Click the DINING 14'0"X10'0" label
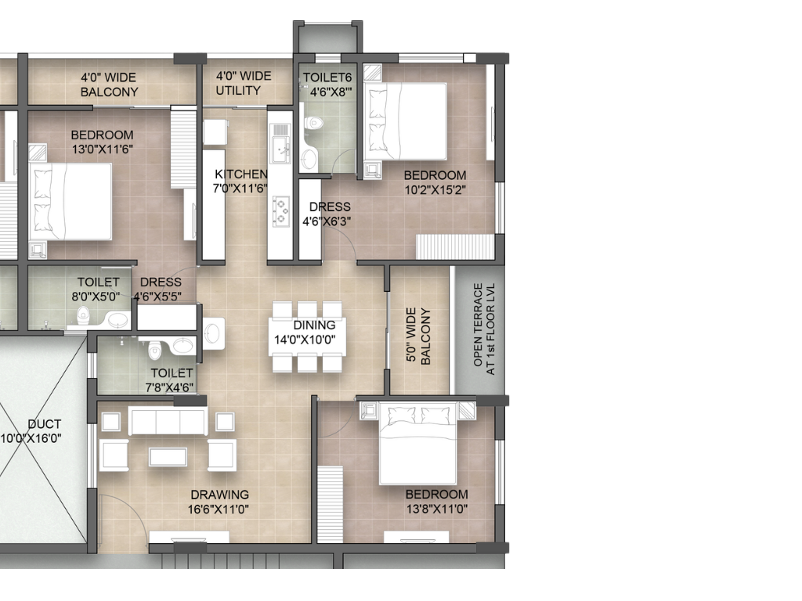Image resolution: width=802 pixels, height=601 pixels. coord(315,332)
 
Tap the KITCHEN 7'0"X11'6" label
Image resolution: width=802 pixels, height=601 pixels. coord(241,181)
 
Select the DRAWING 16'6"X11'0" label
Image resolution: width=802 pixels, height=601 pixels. coord(219,502)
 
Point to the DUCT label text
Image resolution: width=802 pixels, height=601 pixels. coord(44,431)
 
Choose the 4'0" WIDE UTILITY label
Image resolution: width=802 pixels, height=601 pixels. coord(244,83)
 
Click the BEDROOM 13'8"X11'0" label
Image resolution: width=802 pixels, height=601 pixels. coord(436,502)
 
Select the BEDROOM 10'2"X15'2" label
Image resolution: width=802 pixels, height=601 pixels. coord(435,182)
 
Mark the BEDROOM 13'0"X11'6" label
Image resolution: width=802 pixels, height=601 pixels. coord(102,142)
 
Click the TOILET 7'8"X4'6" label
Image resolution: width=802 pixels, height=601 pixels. coord(172,380)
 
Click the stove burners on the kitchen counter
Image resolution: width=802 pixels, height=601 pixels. coord(280,209)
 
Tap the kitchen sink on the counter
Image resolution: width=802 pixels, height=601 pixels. coord(279,146)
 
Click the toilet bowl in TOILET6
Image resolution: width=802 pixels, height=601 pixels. coord(315,122)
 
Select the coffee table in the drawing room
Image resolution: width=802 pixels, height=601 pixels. coord(168,456)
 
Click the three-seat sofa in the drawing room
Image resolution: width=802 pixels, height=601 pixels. coord(168,421)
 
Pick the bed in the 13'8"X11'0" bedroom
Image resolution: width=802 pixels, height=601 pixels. coord(418,443)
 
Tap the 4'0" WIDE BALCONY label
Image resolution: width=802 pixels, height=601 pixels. coord(109,85)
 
